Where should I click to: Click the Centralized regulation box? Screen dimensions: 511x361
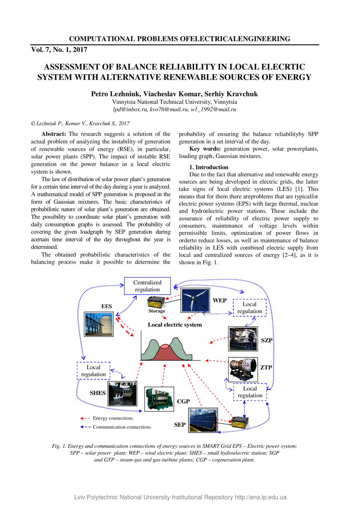pos(147,286)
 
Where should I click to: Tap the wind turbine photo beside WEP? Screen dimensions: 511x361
pos(196,300)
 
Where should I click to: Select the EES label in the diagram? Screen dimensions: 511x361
pos(107,307)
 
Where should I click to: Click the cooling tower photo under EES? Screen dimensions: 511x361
pos(99,324)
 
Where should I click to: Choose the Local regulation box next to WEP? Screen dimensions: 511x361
pos(250,307)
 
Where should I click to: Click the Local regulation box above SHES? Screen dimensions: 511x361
pos(94,370)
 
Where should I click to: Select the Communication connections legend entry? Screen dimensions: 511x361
pos(122,427)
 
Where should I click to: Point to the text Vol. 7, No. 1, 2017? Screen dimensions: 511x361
pos(59,50)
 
